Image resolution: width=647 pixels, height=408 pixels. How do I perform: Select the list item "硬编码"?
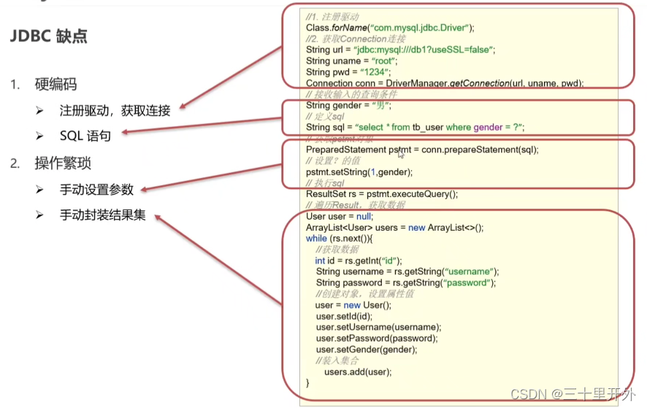tap(55, 85)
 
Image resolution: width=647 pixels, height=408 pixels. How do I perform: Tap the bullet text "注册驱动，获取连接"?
tap(115, 111)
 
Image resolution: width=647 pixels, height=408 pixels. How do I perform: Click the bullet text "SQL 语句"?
tap(85, 136)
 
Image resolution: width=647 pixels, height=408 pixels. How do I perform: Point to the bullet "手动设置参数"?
tap(96, 189)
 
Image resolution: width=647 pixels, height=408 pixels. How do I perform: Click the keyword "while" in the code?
tap(316, 239)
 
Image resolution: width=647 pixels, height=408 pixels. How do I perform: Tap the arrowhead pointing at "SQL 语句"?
tap(125, 133)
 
